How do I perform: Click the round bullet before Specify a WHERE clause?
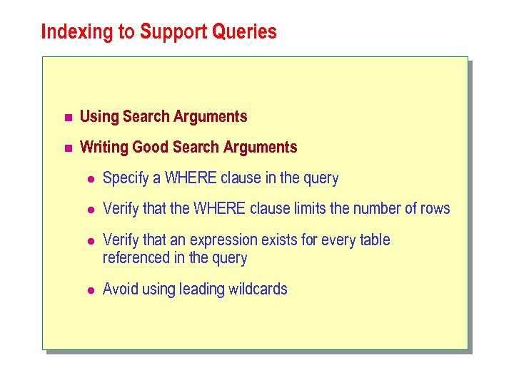click(89, 179)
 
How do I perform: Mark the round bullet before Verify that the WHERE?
click(89, 210)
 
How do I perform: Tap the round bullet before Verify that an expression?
click(89, 241)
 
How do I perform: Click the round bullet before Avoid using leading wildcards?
click(89, 290)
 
